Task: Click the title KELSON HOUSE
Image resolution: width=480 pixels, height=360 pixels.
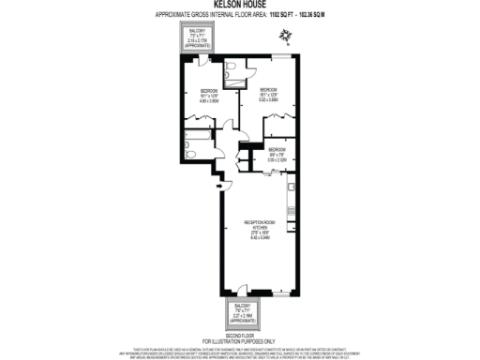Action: (x=239, y=5)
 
